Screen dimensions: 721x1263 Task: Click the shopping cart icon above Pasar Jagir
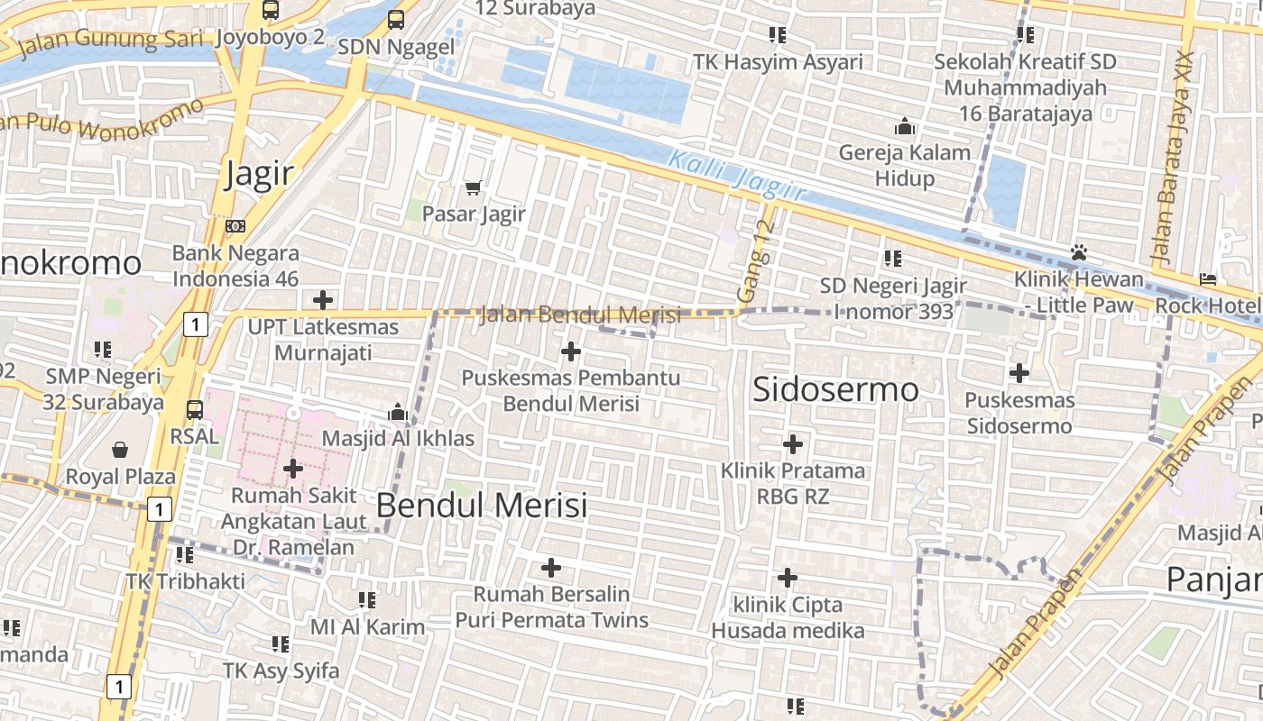pos(474,187)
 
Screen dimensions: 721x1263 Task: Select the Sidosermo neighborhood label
pos(835,389)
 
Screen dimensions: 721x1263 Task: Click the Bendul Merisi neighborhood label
pos(481,505)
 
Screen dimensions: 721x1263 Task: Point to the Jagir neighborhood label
pos(260,173)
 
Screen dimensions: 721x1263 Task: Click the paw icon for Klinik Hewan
pos(1079,252)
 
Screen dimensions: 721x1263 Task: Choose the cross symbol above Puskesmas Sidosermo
pos(1019,372)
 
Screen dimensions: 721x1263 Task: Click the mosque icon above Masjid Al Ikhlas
pos(398,413)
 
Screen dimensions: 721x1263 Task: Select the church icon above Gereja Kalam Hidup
pos(905,126)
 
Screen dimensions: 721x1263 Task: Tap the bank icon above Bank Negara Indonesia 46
pos(235,225)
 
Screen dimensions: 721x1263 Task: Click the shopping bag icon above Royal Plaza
pos(120,449)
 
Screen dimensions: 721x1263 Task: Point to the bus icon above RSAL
pos(194,410)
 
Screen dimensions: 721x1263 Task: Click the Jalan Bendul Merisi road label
pos(580,315)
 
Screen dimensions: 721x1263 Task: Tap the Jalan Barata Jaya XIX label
pos(1174,158)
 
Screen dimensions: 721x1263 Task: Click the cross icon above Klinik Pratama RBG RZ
pos(793,444)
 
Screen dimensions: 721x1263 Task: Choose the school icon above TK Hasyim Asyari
pos(778,35)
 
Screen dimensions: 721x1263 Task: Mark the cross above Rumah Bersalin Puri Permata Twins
pos(550,568)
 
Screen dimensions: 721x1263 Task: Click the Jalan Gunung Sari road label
pos(111,41)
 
